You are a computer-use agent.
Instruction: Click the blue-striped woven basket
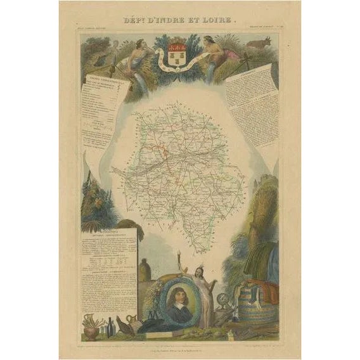pyautogui.click(x=257, y=307)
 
